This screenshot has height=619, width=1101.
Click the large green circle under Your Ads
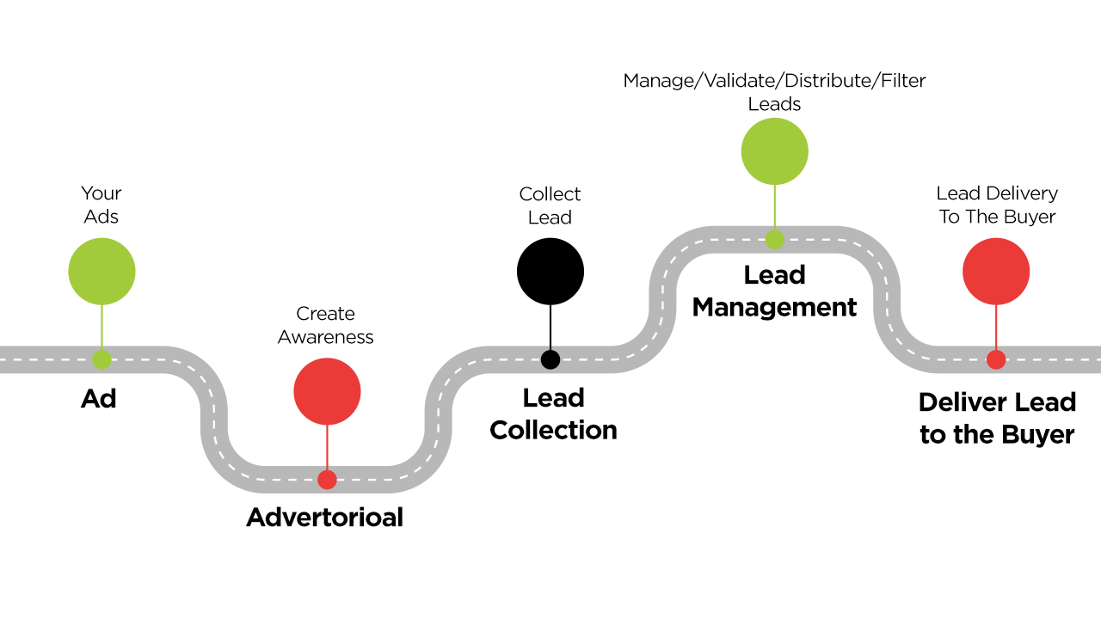pyautogui.click(x=101, y=272)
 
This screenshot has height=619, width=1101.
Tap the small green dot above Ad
pyautogui.click(x=101, y=359)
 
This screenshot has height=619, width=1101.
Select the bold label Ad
pyautogui.click(x=99, y=398)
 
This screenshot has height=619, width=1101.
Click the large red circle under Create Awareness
pyautogui.click(x=327, y=392)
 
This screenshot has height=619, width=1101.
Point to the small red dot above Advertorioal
pyautogui.click(x=327, y=480)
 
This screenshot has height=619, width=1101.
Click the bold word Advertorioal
pyautogui.click(x=325, y=518)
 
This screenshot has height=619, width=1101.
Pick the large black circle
pyautogui.click(x=550, y=272)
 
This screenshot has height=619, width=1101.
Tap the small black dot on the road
pyautogui.click(x=550, y=359)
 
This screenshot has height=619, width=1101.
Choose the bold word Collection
pyautogui.click(x=553, y=430)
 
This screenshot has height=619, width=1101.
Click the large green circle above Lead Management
pyautogui.click(x=775, y=151)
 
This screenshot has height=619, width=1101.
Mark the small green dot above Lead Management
pyautogui.click(x=775, y=239)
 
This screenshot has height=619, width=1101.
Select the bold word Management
pyautogui.click(x=774, y=307)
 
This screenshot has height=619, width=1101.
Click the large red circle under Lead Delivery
pyautogui.click(x=996, y=272)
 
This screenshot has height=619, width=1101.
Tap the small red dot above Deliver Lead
pyautogui.click(x=996, y=359)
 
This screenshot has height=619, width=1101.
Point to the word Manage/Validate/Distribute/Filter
pyautogui.click(x=774, y=81)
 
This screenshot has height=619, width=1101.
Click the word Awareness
pyautogui.click(x=325, y=337)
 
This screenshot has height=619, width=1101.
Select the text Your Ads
pyautogui.click(x=101, y=205)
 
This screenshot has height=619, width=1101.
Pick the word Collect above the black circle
pyautogui.click(x=550, y=194)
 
